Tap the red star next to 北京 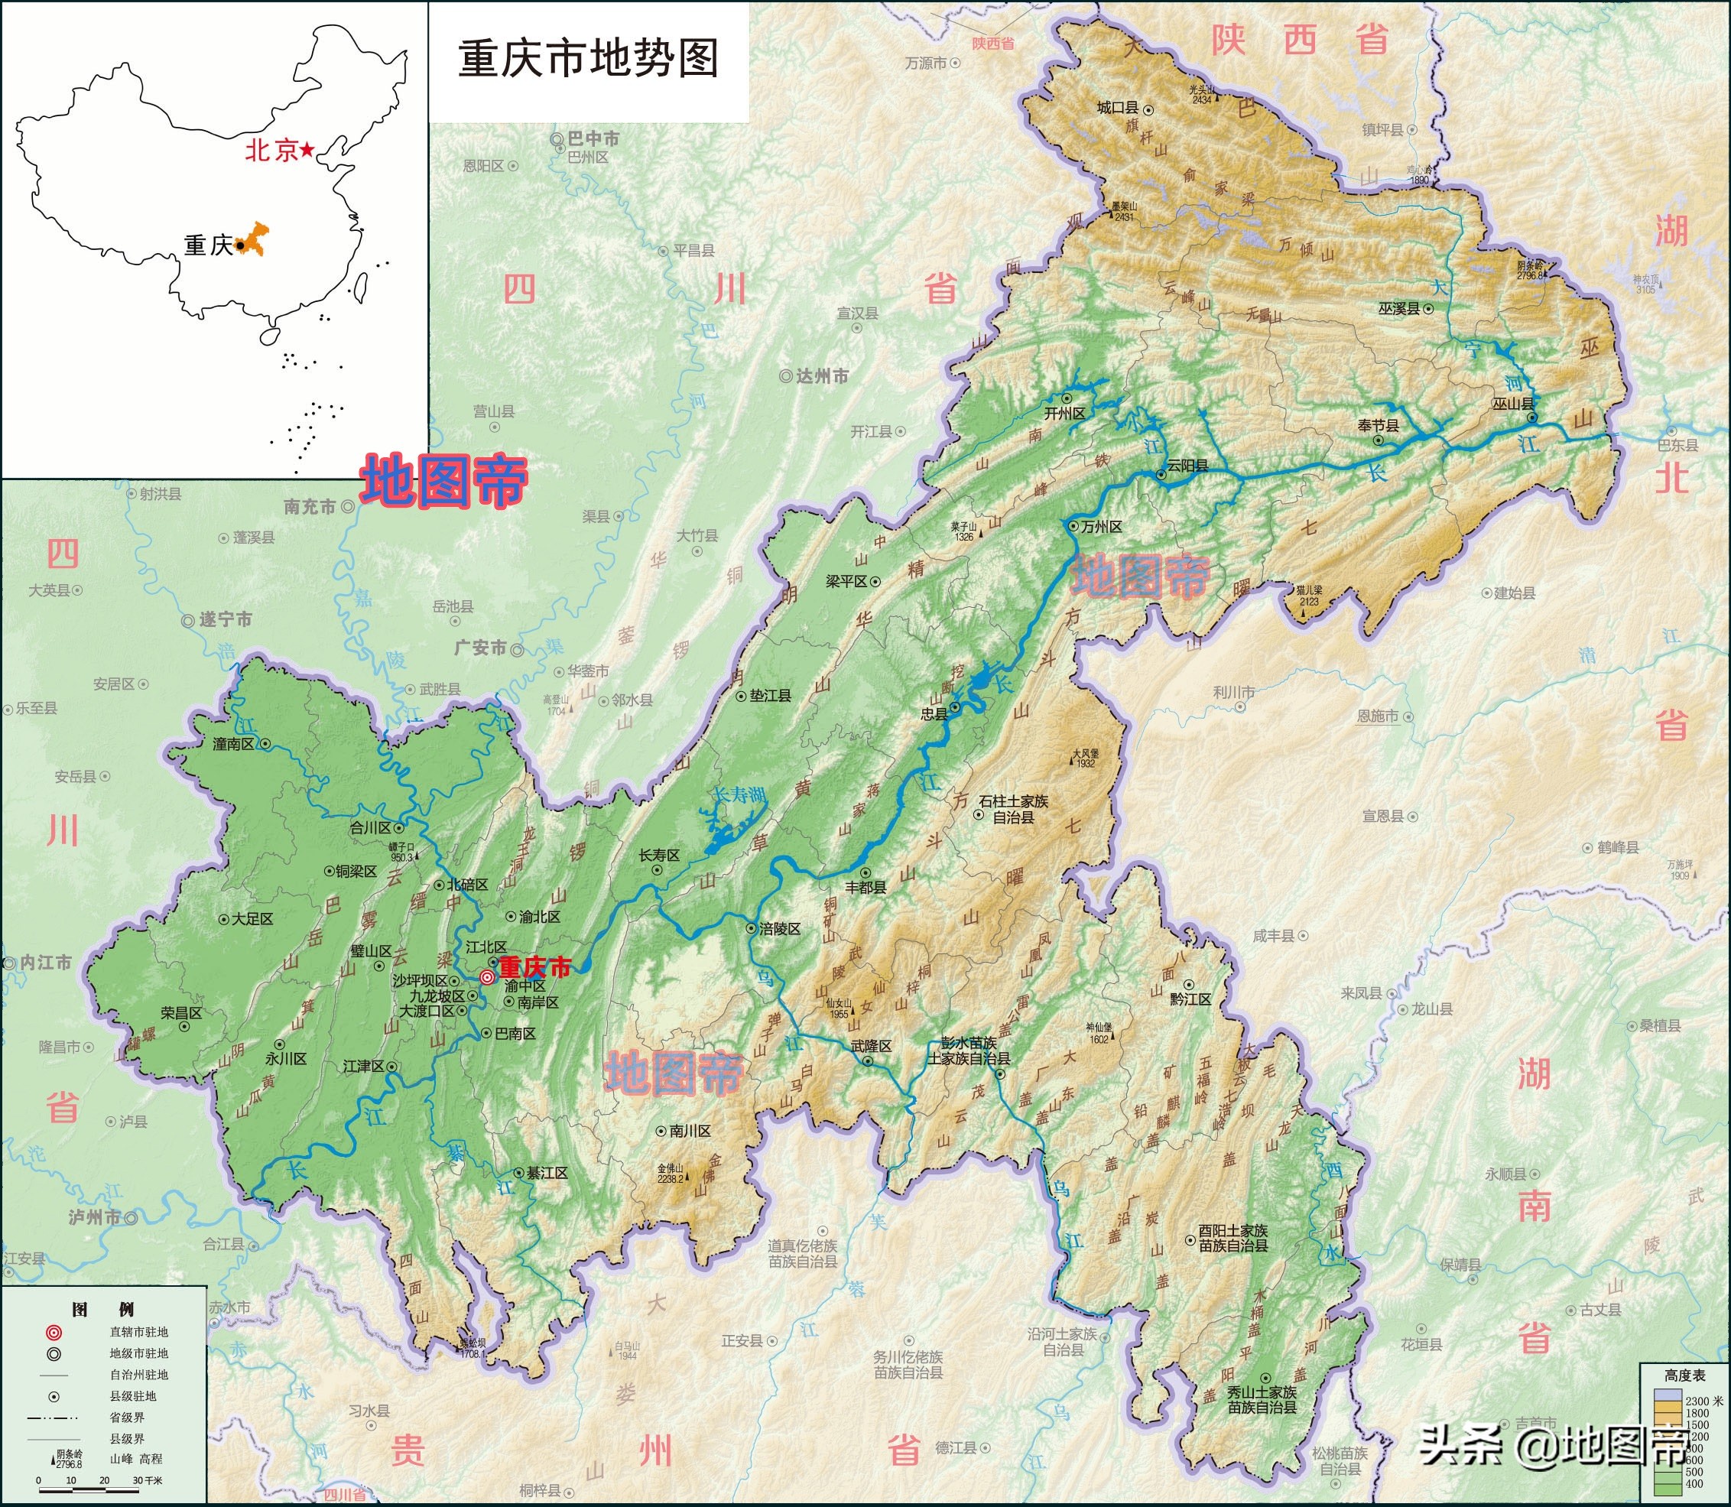308,150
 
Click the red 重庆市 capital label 535,967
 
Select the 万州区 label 1101,527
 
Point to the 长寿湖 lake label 738,794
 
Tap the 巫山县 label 1512,404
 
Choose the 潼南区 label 234,743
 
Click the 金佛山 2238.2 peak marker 671,1173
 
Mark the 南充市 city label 310,506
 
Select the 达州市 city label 822,377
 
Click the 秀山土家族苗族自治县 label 1262,1398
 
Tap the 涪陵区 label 780,928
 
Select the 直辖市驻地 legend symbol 54,1332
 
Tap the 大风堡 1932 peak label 1085,758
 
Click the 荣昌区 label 182,1012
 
